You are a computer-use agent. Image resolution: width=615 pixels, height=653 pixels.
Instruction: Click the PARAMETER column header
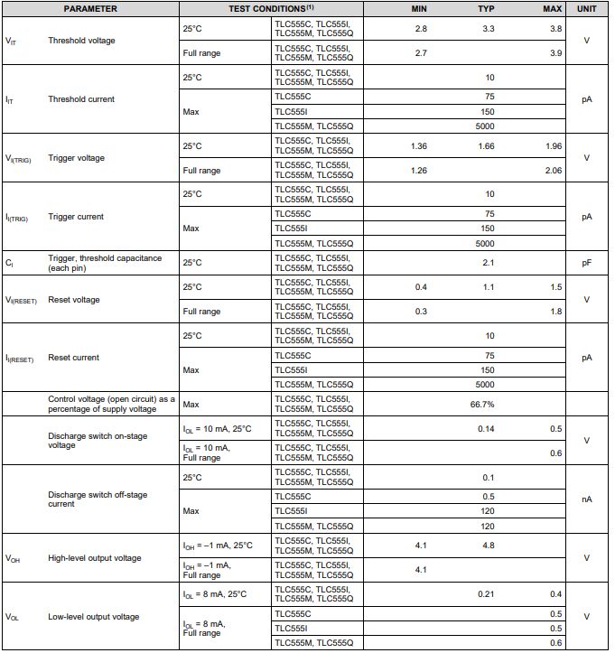pos(90,8)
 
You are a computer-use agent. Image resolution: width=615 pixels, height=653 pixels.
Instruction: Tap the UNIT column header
pos(587,8)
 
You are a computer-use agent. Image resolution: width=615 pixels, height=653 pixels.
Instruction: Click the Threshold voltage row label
pos(81,41)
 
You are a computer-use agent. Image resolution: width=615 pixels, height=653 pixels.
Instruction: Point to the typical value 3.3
pos(488,29)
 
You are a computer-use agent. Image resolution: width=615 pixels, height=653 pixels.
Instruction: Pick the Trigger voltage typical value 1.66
pos(486,146)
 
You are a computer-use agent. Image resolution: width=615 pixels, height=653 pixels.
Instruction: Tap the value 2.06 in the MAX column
pos(554,171)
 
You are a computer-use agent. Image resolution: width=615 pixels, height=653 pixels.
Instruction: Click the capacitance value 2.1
pos(488,263)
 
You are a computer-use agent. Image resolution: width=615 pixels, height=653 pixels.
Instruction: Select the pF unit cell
pos(587,263)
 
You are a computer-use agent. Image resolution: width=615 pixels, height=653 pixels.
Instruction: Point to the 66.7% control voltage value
pos(482,405)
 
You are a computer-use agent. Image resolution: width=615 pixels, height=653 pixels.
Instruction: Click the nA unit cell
pos(587,499)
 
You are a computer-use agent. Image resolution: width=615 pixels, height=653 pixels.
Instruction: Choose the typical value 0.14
pos(486,429)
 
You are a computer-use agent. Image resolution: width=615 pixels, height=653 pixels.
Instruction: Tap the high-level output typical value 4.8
pos(488,546)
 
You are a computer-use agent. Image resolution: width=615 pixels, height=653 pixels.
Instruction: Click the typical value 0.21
pos(486,594)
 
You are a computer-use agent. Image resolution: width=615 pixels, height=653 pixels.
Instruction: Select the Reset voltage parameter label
pos(74,300)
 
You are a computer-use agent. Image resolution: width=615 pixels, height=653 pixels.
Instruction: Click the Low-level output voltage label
pos(94,617)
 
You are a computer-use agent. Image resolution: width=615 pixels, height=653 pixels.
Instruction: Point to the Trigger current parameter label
pos(76,217)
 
